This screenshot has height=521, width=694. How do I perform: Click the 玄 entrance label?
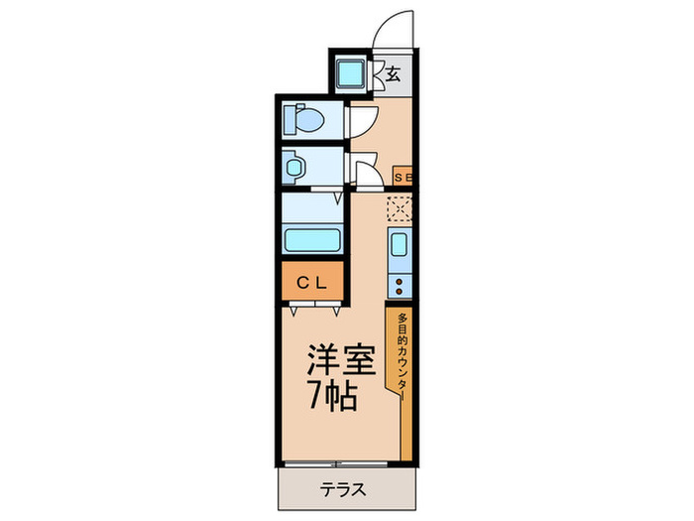pyautogui.click(x=394, y=73)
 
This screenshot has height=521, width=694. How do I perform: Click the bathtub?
pyautogui.click(x=312, y=239)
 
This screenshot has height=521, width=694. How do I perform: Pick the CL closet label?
pyautogui.click(x=312, y=281)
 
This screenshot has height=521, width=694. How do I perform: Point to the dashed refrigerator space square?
pyautogui.click(x=400, y=208)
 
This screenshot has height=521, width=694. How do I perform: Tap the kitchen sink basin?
pyautogui.click(x=399, y=246)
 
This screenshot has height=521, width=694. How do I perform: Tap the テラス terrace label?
pyautogui.click(x=344, y=489)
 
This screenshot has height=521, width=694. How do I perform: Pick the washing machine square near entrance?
pyautogui.click(x=350, y=73)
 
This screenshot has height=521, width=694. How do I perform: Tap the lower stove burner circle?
pyautogui.click(x=400, y=293)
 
